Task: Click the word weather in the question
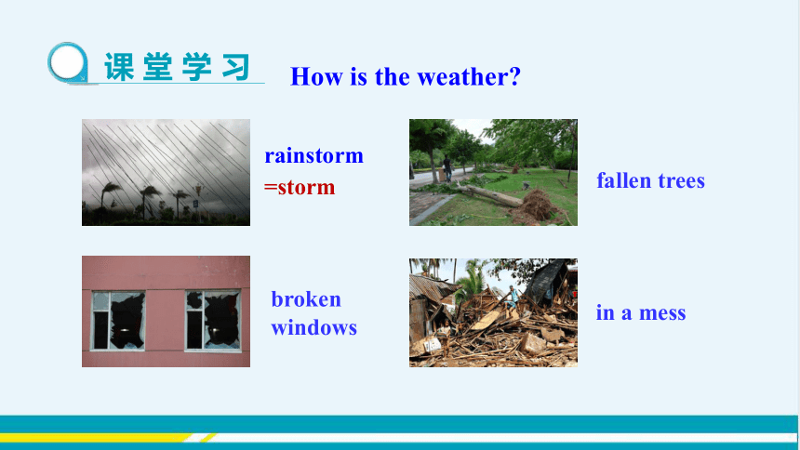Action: pyautogui.click(x=469, y=77)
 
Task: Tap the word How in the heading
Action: pyautogui.click(x=316, y=77)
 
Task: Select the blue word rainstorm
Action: pyautogui.click(x=313, y=155)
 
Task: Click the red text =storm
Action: pyautogui.click(x=300, y=187)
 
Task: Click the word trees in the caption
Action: pyautogui.click(x=681, y=181)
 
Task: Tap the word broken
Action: pyautogui.click(x=306, y=299)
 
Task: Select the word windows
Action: pyautogui.click(x=313, y=327)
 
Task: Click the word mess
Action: pyautogui.click(x=662, y=313)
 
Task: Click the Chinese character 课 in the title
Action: pyautogui.click(x=119, y=67)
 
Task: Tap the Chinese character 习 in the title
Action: pyautogui.click(x=236, y=67)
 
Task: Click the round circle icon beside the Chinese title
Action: pyautogui.click(x=68, y=62)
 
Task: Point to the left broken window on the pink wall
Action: pyautogui.click(x=118, y=321)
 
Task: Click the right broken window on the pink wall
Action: pyautogui.click(x=213, y=321)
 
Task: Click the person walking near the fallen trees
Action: pyautogui.click(x=447, y=168)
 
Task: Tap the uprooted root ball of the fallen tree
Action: pyautogui.click(x=538, y=205)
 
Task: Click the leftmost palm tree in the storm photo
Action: pyautogui.click(x=109, y=196)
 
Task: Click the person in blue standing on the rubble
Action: pyautogui.click(x=512, y=298)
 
